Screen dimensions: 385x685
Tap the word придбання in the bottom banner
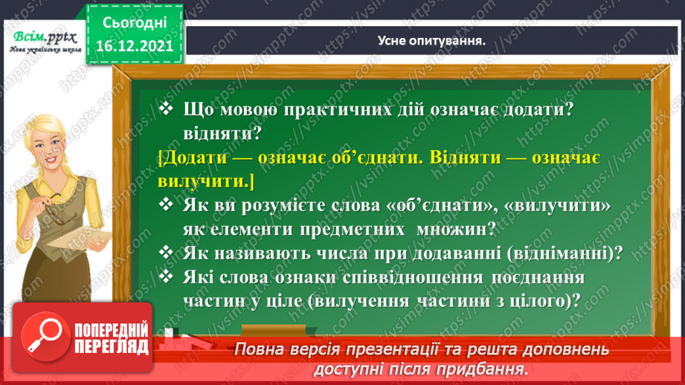[x=489, y=369]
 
